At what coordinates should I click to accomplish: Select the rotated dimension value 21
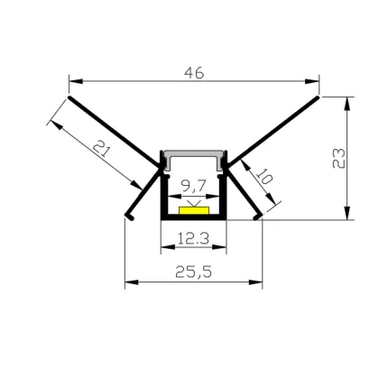105,150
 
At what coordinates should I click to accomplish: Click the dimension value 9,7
192,188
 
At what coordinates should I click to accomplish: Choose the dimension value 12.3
193,238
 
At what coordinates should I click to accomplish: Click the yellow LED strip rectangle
193,210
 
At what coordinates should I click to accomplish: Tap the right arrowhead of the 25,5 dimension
259,283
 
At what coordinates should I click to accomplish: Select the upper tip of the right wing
319,94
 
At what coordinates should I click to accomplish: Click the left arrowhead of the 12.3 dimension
165,250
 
